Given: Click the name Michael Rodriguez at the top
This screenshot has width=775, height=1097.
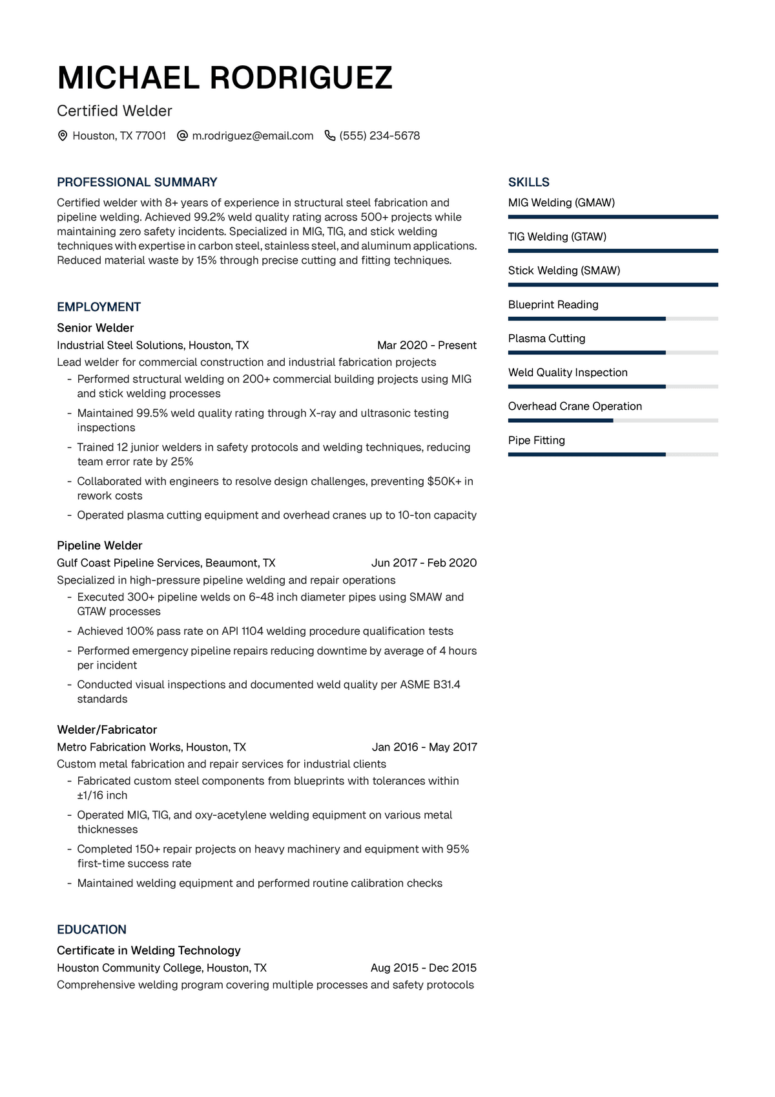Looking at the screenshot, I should tap(225, 78).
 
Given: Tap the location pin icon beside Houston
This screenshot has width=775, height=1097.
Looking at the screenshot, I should tap(63, 136).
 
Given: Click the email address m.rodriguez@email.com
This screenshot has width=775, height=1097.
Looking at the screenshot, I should tap(253, 136).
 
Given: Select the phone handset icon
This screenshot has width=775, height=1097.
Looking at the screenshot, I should tap(329, 136).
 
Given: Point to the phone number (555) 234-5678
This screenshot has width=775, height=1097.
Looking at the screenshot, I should tap(380, 136).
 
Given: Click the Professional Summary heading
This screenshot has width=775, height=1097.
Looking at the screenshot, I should tap(137, 182).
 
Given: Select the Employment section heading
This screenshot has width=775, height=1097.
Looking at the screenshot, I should tap(99, 307).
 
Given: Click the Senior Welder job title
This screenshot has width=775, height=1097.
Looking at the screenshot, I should tap(96, 328).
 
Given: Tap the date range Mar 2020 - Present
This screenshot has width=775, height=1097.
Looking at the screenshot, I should tap(427, 345).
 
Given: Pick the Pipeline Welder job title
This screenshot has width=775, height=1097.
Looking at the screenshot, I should tap(99, 546).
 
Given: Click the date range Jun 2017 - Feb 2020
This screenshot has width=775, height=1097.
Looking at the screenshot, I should tap(424, 563).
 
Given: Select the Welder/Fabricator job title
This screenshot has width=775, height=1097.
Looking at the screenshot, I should tap(107, 730).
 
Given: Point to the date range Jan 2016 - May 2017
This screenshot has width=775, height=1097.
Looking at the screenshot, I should tap(424, 747).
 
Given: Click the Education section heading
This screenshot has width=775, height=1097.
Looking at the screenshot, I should tap(92, 930).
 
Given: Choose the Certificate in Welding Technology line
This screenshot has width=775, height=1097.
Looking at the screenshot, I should tap(149, 950).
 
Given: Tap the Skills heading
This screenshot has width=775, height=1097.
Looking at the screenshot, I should tap(529, 182).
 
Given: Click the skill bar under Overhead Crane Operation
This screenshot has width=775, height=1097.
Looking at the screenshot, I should tap(613, 421).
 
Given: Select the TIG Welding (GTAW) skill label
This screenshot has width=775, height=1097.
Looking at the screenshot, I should tap(557, 237).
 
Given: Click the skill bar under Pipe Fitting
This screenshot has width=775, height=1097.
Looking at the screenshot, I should tap(613, 454).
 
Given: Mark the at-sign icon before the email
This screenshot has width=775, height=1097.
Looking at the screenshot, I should tap(182, 136).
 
